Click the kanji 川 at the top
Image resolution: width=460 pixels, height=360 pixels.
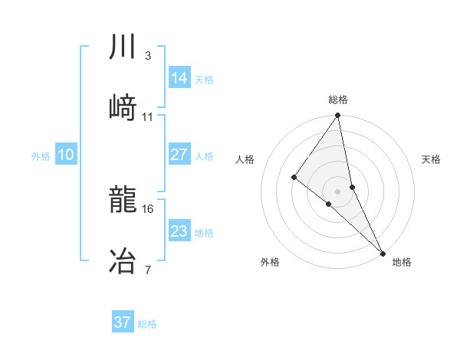pos(123,47)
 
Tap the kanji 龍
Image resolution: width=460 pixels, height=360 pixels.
pos(123,201)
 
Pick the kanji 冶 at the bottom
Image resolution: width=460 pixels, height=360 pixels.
pos(123,261)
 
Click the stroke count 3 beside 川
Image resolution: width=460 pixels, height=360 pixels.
pos(147,56)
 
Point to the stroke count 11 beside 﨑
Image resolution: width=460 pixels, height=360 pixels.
pos(148,116)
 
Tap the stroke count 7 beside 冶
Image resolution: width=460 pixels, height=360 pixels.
pos(147,270)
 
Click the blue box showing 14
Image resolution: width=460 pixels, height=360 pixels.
pos(179,78)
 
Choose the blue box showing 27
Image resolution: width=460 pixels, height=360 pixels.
pos(179,155)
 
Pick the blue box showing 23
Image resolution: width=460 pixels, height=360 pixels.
pos(179,231)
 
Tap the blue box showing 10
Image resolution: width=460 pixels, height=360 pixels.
pos(66,155)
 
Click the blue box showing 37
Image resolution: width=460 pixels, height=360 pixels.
pos(123,322)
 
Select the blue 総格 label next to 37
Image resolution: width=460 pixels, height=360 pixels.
pos(147,324)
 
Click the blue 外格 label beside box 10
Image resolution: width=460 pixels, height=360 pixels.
pos(41,156)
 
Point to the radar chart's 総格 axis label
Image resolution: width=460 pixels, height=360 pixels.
pos(338,100)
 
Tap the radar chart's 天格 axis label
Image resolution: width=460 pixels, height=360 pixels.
pos(432,159)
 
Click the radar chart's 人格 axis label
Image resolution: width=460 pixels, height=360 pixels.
pos(245,159)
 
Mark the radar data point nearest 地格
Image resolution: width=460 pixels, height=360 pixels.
pos(383,251)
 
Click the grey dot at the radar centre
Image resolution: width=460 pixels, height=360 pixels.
pos(337,190)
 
